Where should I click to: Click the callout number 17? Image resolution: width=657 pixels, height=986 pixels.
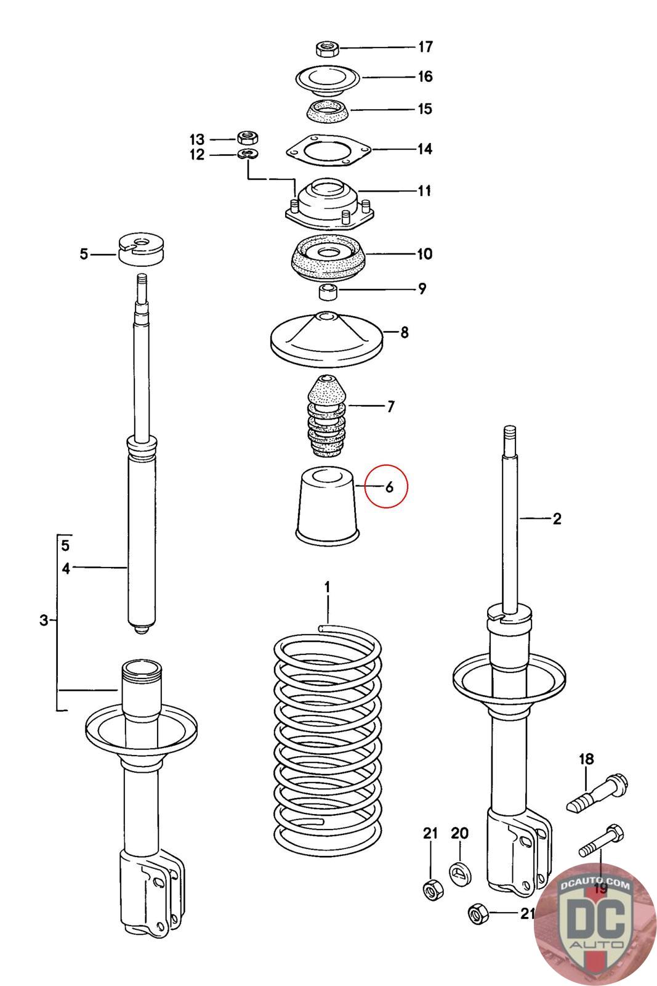(x=425, y=47)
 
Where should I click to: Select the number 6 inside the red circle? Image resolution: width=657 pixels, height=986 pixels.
(x=389, y=487)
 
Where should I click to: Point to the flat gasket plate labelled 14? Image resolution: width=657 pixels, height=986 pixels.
(x=328, y=150)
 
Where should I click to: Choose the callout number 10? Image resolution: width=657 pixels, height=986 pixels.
(x=424, y=254)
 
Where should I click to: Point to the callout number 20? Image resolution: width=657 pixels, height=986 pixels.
(x=459, y=833)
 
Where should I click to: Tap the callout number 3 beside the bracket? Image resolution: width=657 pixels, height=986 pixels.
(x=43, y=620)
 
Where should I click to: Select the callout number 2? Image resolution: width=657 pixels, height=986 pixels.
(x=557, y=519)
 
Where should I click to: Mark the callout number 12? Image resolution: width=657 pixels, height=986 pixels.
(x=196, y=155)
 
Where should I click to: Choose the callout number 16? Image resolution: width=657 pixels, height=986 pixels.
(x=425, y=76)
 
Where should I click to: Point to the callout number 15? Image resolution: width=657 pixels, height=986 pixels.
(x=425, y=109)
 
